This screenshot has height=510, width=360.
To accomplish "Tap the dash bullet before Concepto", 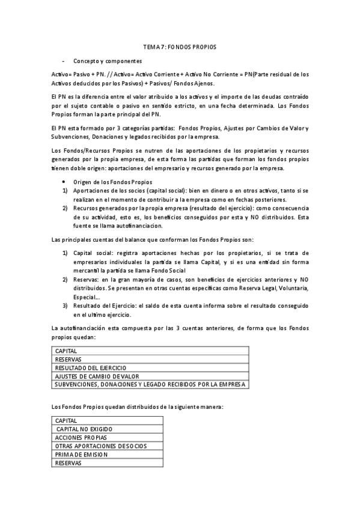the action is pyautogui.click(x=63, y=61).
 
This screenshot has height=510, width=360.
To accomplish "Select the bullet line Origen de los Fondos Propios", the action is pyautogui.click(x=113, y=182).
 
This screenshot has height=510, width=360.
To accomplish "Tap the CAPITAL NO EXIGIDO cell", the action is pyautogui.click(x=107, y=429).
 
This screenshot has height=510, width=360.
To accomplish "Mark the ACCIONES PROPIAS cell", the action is pyautogui.click(x=107, y=437).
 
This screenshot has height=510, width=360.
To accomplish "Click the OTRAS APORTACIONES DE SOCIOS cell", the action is pyautogui.click(x=107, y=446).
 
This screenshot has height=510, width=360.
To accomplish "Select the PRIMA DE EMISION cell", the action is pyautogui.click(x=107, y=455).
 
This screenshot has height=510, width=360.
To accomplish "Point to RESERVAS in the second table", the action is pyautogui.click(x=107, y=463).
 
